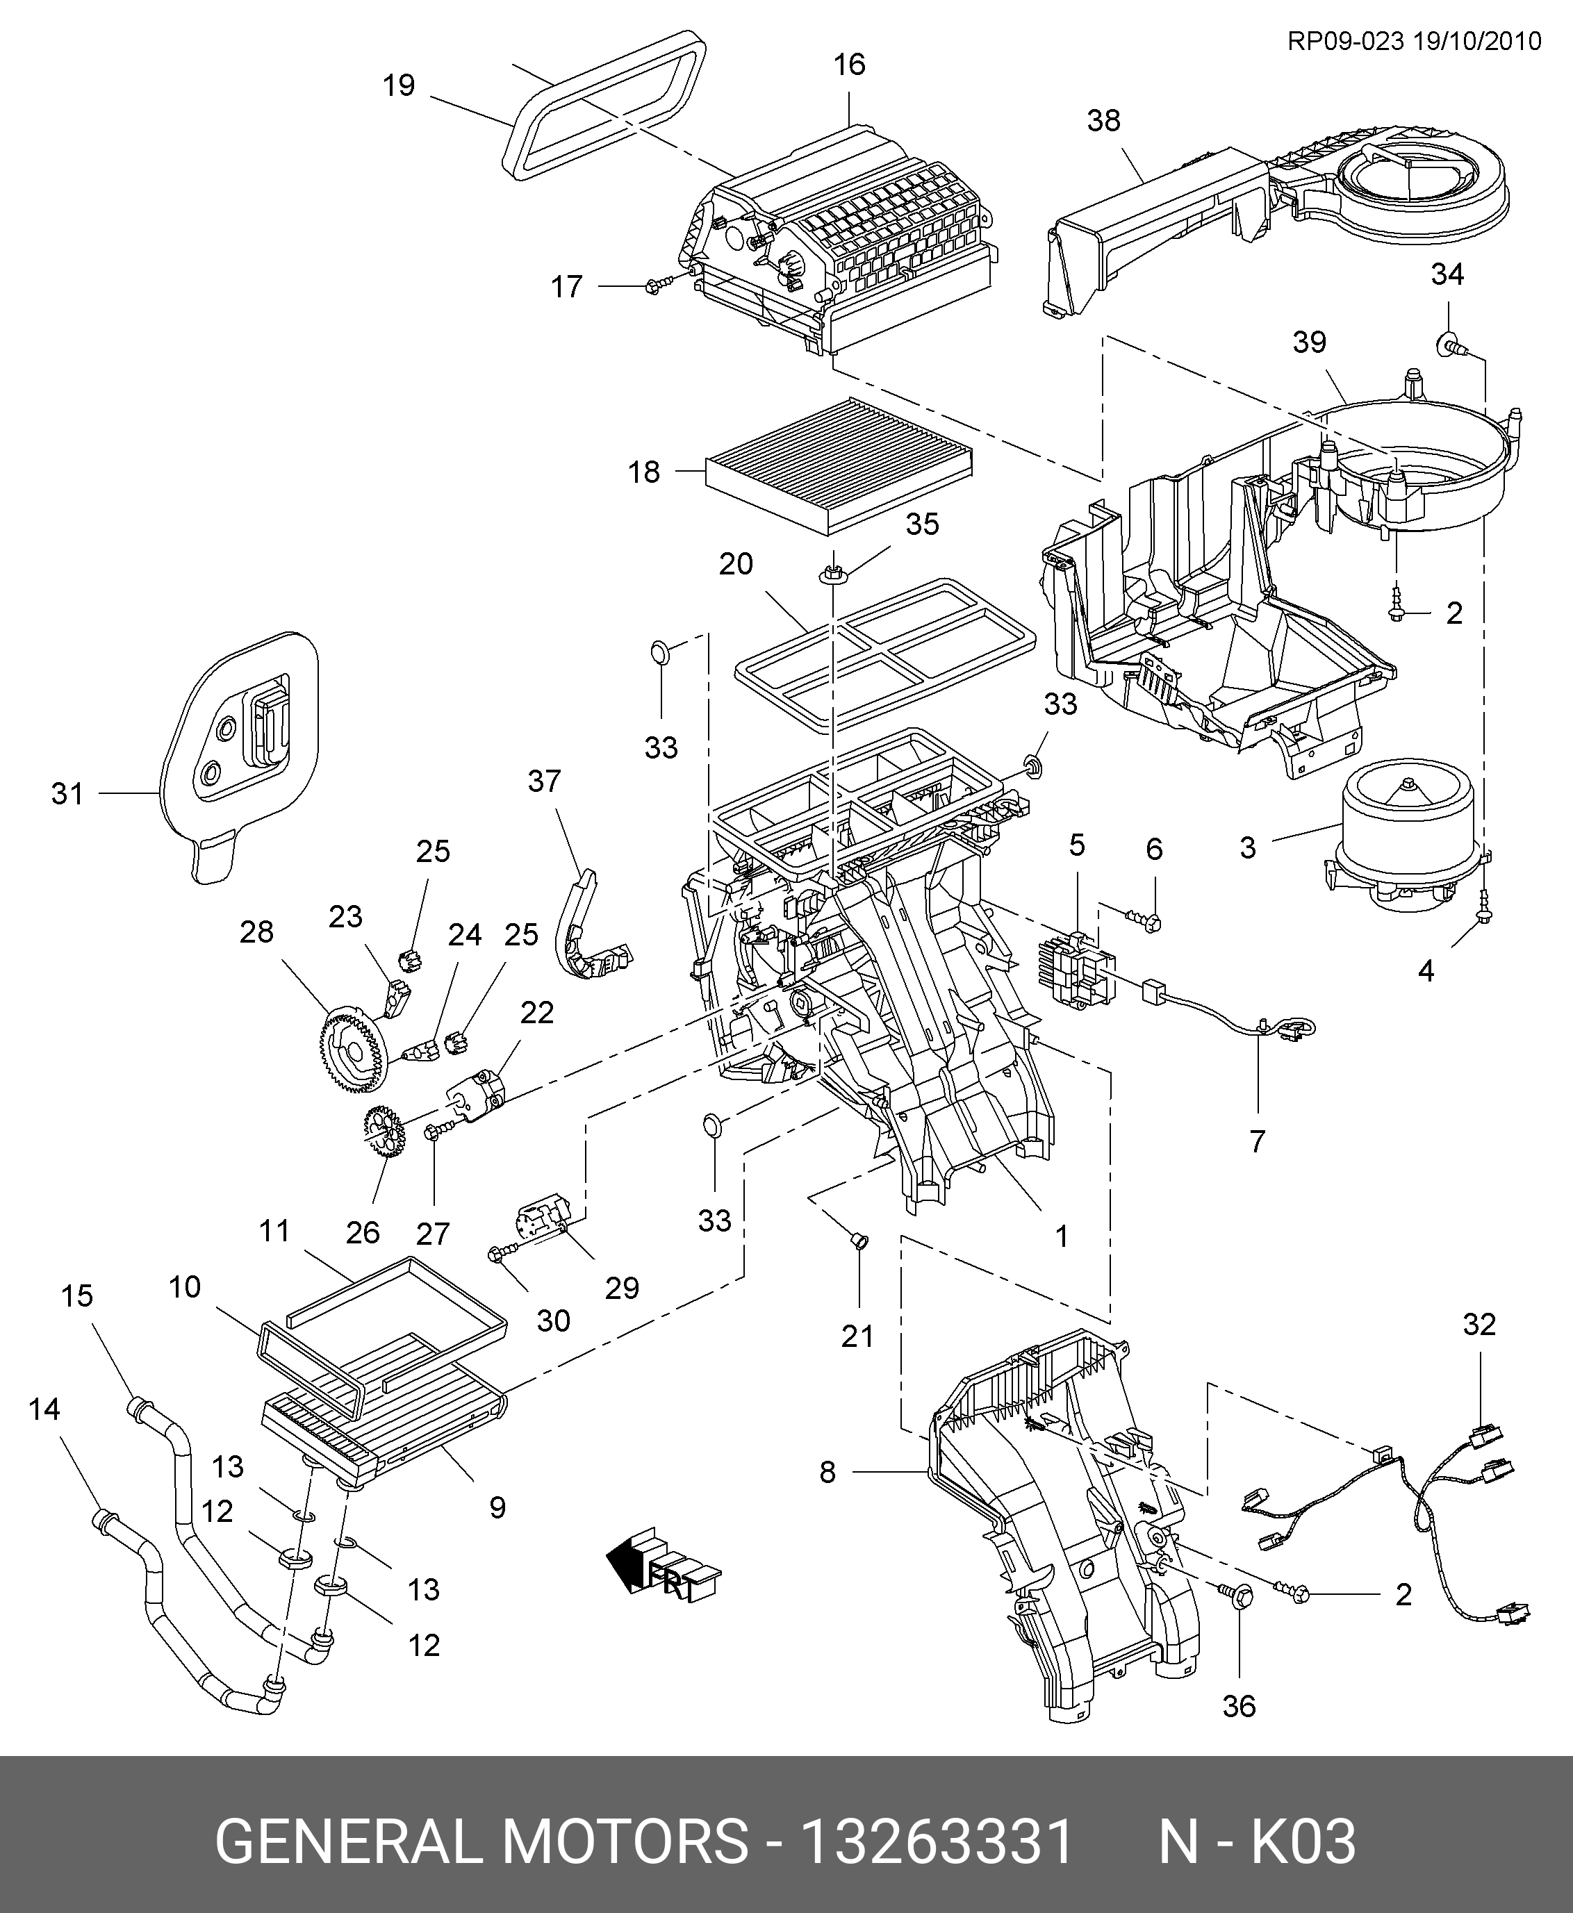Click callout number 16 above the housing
tap(850, 65)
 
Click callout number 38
tap(1103, 120)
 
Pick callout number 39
tap(1309, 342)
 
